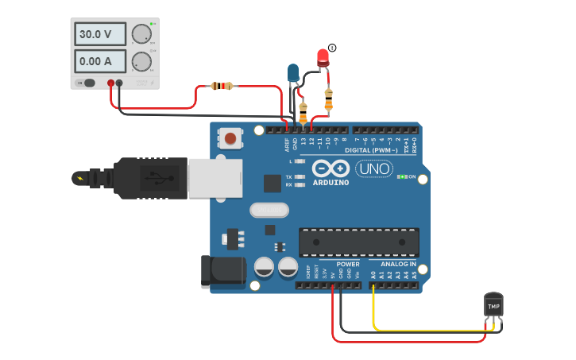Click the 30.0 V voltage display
coord(100,34)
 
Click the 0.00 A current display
coord(100,61)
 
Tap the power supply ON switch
coord(86,83)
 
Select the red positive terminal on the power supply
coord(110,83)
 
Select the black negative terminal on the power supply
coord(119,83)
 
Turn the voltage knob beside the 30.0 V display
coord(141,34)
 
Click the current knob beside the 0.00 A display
coord(141,61)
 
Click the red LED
coord(323,58)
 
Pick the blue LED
coord(293,73)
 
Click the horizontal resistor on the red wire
coord(222,86)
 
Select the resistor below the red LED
coord(329,99)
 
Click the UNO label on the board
coord(373,168)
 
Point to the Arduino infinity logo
coord(331,168)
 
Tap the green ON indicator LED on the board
coord(403,176)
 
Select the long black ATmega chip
coord(358,242)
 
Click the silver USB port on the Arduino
coord(214,177)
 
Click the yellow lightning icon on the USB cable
coord(80,178)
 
